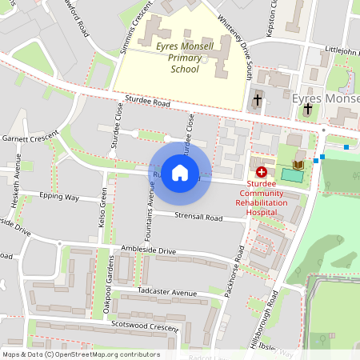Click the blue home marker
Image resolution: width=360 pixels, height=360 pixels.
coord(180,172)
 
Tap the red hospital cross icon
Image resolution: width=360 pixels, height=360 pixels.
coord(261,172)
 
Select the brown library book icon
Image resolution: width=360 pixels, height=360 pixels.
coord(298,165)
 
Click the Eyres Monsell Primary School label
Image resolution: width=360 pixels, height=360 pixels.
coord(185,58)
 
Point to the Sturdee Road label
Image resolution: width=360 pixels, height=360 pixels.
coord(147,104)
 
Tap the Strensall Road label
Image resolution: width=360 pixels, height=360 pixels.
coord(199,217)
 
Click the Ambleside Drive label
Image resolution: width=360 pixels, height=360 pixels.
coord(147,251)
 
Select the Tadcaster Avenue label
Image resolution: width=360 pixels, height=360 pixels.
coord(167,292)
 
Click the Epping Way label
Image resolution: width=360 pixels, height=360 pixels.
coord(60,197)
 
